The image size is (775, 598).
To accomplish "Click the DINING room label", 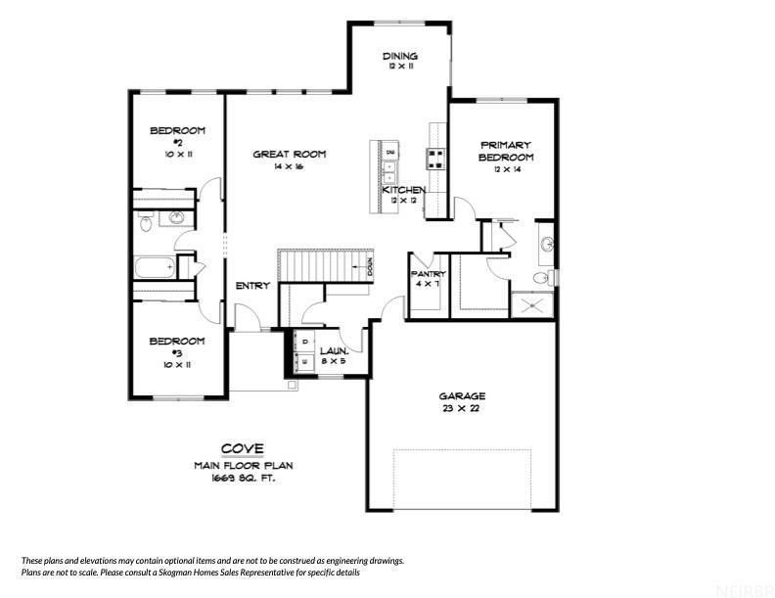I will click(400, 57).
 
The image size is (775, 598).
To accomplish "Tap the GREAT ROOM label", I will click(289, 154).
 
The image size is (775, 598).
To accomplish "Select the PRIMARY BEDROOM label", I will click(506, 151).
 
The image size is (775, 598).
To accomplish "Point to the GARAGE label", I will click(461, 396).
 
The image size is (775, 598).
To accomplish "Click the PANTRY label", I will click(429, 274).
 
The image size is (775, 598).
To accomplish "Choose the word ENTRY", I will click(252, 286).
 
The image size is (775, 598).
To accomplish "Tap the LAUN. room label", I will click(334, 348).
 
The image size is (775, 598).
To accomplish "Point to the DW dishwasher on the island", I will click(390, 154).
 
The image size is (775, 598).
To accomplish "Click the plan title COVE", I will click(242, 448).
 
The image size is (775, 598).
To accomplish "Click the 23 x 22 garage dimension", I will click(461, 409).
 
